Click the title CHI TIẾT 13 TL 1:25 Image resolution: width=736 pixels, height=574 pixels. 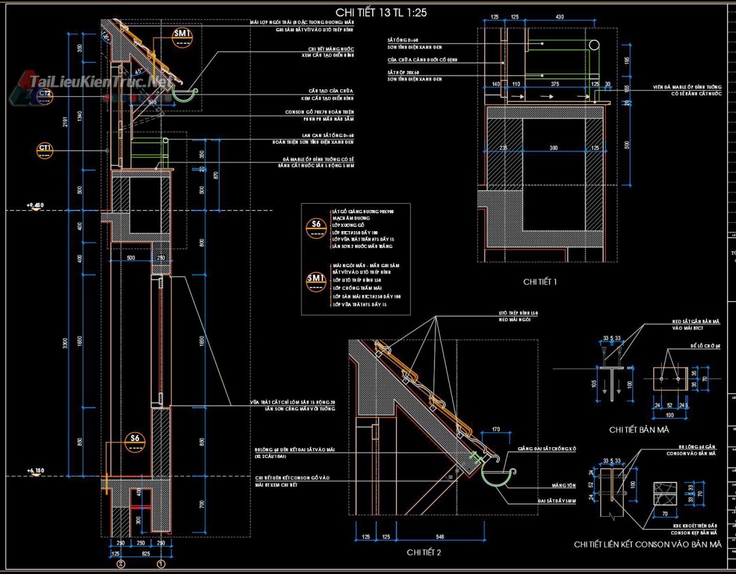coord(382,13)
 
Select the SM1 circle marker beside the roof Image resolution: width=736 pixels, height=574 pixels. coord(183,37)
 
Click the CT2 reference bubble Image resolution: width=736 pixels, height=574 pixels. coord(45,96)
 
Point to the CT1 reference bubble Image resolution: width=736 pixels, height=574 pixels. coord(45,150)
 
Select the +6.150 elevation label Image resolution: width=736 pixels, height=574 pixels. coord(35,470)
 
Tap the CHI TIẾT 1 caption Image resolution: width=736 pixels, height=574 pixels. coord(540,281)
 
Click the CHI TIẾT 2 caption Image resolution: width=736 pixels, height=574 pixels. coord(424,552)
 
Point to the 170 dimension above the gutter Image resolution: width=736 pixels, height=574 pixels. coord(495,430)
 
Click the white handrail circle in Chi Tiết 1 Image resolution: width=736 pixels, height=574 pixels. coord(595,45)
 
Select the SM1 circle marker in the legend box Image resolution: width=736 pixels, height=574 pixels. coord(316,282)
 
